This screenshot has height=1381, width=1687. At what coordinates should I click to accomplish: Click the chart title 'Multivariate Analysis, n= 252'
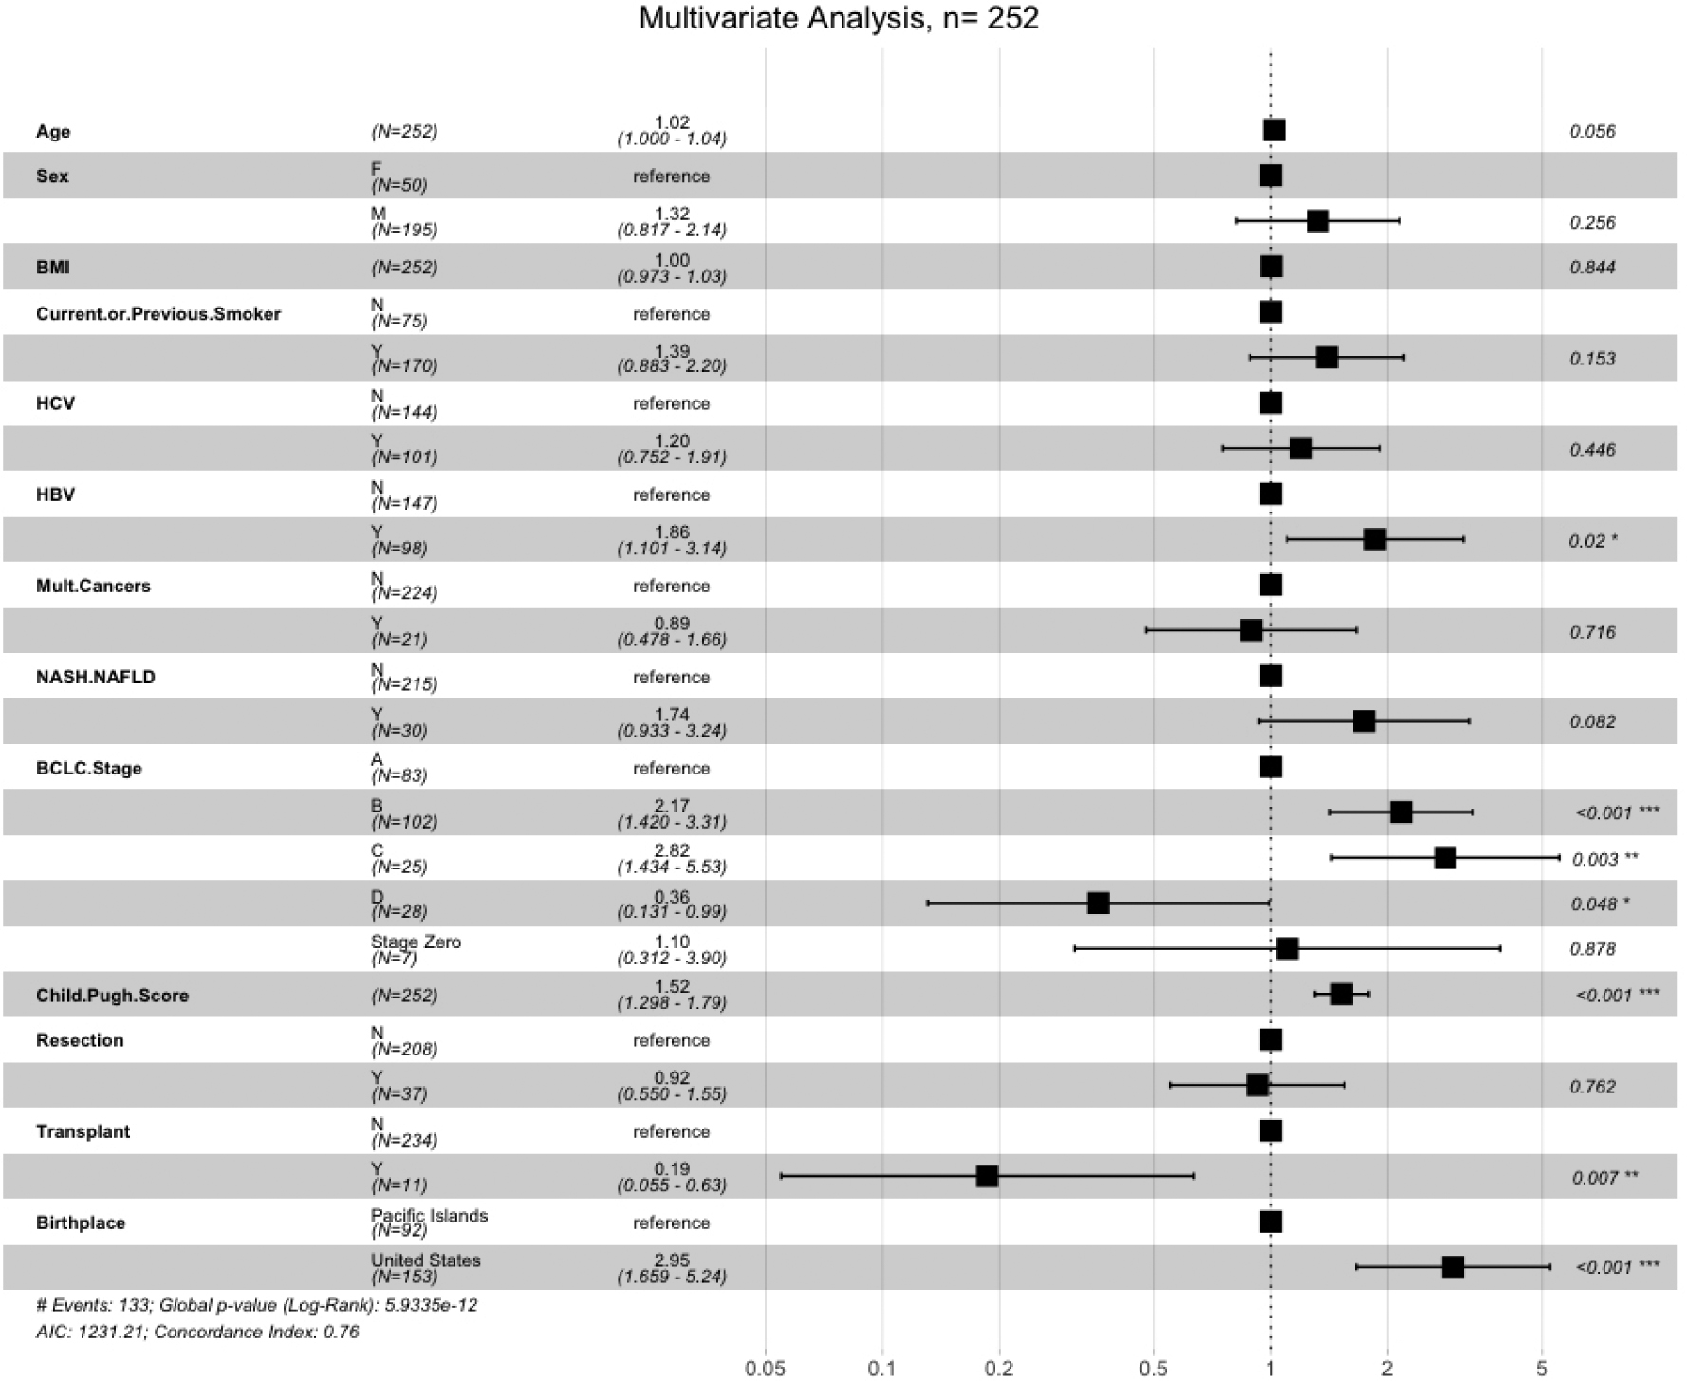839,18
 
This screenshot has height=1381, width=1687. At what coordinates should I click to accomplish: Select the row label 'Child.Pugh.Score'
112,996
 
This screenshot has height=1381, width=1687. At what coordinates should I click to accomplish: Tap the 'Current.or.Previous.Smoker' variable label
158,314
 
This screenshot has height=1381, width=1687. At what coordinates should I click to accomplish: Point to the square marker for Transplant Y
987,1176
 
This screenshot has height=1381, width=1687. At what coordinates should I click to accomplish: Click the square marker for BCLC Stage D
1098,903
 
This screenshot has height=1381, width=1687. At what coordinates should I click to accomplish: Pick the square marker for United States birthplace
1452,1266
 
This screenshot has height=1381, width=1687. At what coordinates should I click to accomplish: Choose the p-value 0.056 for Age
1592,132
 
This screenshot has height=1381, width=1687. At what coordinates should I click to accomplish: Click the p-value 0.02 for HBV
1586,541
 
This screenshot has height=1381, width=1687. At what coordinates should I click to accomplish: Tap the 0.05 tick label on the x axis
765,1369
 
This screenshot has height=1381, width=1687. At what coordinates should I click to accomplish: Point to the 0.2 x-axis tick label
999,1369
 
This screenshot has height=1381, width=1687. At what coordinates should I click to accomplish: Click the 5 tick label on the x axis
1541,1369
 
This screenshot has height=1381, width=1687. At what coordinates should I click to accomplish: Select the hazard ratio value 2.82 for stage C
672,850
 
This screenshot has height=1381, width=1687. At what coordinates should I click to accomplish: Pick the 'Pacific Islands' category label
429,1216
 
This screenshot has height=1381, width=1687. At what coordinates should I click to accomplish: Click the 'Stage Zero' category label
416,942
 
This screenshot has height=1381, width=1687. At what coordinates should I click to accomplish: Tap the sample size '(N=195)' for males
404,230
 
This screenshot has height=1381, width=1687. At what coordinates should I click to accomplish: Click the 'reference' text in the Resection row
671,1040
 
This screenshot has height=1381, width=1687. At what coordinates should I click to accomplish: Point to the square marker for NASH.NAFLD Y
1363,721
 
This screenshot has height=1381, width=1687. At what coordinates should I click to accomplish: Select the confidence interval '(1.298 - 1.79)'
672,1003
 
